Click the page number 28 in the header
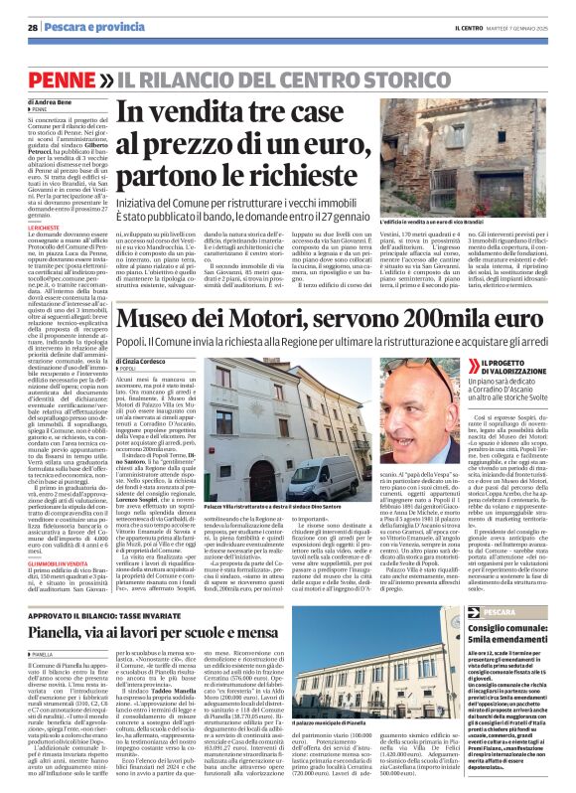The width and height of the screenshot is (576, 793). click(x=32, y=27)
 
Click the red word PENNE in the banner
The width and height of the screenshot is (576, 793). click(x=59, y=76)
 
